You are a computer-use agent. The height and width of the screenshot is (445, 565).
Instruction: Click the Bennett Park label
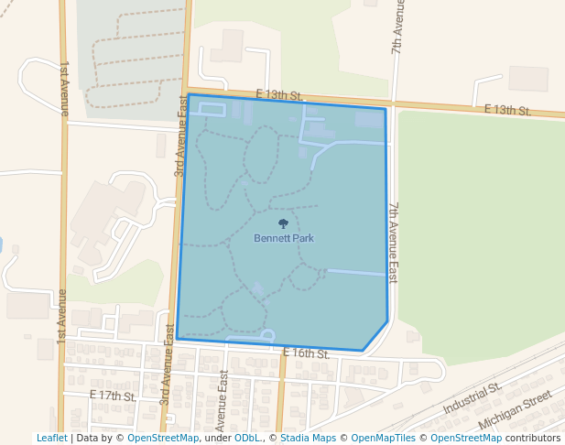(284, 238)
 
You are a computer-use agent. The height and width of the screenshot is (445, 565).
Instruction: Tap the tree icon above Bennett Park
(283, 222)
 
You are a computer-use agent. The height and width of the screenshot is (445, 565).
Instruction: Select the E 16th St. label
(306, 353)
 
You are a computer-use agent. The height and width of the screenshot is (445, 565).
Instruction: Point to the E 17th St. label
(113, 396)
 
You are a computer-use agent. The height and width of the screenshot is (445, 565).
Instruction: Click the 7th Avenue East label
(393, 243)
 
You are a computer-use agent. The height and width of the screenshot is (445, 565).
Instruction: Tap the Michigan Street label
(516, 409)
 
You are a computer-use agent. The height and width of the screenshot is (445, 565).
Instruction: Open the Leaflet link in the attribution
(51, 438)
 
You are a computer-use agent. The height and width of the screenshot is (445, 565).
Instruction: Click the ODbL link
(246, 438)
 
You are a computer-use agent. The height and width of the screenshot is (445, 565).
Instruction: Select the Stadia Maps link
(308, 438)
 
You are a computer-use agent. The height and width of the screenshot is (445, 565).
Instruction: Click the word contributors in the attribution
(532, 438)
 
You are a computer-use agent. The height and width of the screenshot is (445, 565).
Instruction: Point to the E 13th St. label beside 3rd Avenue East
(279, 95)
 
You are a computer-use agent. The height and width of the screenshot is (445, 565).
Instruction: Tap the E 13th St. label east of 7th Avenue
(507, 110)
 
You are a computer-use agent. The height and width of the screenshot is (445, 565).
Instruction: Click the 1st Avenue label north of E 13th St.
(64, 88)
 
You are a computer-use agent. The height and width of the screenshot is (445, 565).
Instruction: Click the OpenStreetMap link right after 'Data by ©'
(163, 438)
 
